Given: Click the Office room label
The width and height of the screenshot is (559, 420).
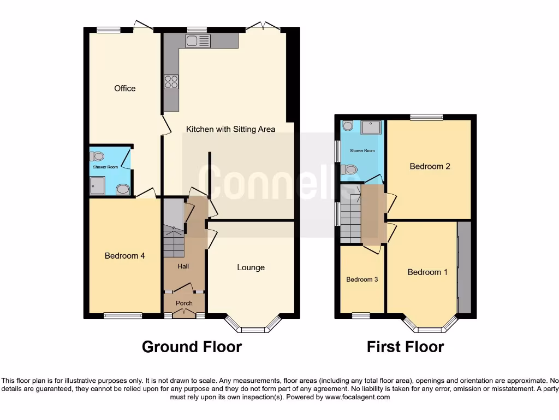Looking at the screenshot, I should (x=124, y=88).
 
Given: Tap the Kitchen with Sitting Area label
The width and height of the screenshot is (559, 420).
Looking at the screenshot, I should (x=230, y=129).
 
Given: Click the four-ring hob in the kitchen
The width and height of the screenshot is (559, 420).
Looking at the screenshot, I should (x=171, y=81).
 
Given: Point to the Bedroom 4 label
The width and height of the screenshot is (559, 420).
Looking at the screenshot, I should (x=124, y=255).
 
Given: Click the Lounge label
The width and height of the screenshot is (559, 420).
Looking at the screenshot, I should (x=251, y=267).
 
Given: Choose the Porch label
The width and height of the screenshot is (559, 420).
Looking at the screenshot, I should (x=183, y=303).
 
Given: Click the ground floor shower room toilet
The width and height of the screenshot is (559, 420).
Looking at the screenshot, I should (x=97, y=156).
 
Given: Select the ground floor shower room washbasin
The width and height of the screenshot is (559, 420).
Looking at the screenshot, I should (x=123, y=189).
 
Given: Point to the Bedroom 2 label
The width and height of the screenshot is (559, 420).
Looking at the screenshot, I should (x=430, y=166).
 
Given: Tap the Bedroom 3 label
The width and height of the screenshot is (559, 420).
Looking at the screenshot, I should (x=362, y=279).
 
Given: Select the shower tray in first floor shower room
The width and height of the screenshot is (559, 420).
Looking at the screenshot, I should (x=372, y=127).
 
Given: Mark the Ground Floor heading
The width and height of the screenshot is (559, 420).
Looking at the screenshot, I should (x=192, y=347).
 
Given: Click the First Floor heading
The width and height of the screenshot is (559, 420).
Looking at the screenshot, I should (x=405, y=347).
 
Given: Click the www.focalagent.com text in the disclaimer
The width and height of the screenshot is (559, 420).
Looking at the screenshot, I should (x=358, y=397).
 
